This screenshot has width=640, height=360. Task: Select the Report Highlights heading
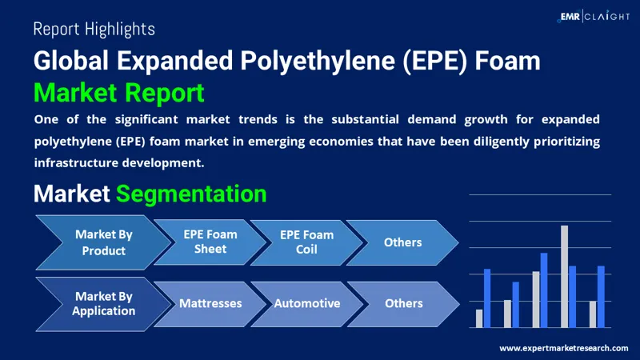click(94, 30)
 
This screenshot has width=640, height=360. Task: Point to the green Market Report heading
click(118, 93)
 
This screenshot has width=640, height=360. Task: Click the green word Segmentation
click(191, 194)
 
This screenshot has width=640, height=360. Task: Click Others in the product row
click(402, 242)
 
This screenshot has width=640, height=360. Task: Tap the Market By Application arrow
click(102, 303)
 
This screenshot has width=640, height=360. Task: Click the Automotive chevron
click(306, 303)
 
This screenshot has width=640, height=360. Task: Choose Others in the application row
click(403, 303)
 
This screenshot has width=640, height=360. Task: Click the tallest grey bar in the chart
click(564, 276)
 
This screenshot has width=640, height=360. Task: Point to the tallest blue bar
click(544, 290)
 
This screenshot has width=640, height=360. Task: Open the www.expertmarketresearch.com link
click(563, 348)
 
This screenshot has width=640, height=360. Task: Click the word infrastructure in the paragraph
click(75, 162)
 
